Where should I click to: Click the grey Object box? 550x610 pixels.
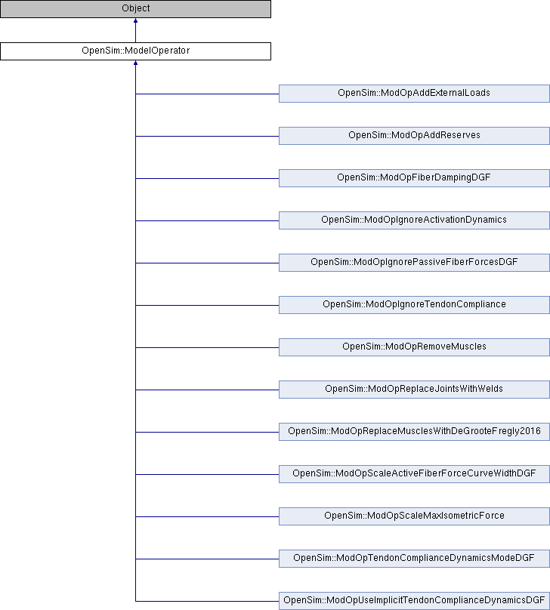pos(135,9)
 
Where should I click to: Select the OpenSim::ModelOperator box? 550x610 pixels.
pos(135,51)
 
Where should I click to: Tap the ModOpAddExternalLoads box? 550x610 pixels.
pos(414,94)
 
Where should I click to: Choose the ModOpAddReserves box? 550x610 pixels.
pos(414,136)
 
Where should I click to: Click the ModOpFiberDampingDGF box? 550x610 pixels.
pos(414,178)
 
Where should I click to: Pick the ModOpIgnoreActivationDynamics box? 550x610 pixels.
pos(414,220)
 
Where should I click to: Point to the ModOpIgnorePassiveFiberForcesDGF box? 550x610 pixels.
pos(414,263)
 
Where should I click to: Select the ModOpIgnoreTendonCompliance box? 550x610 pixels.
pos(414,305)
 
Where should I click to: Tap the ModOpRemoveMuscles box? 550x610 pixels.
pos(414,347)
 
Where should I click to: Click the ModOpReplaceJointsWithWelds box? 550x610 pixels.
pos(414,390)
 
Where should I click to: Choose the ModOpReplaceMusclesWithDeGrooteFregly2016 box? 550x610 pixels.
pos(414,432)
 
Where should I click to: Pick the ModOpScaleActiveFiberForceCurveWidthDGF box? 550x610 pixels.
pos(414,474)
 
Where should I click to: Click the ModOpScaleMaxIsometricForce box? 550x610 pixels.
pos(414,516)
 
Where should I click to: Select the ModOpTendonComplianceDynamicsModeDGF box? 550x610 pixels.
pos(414,559)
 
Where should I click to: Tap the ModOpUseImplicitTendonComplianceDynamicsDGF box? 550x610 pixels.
pos(414,601)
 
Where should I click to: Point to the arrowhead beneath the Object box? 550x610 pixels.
pos(135,20)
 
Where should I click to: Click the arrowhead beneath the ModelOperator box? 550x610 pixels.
pos(135,63)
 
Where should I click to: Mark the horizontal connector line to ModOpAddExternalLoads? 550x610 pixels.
pos(207,94)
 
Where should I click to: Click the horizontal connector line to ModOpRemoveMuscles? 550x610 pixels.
pos(207,347)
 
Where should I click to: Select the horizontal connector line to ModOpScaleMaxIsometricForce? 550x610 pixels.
pos(207,516)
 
